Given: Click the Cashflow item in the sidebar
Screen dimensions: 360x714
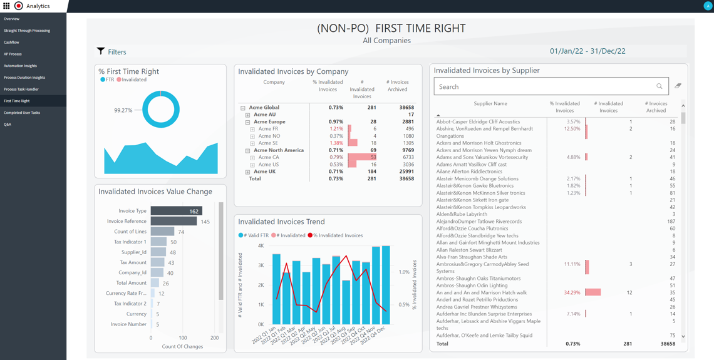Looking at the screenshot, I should click(x=11, y=43).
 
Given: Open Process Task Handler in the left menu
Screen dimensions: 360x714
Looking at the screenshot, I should click(x=21, y=89).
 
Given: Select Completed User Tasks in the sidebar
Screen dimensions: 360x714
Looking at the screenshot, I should click(x=22, y=113).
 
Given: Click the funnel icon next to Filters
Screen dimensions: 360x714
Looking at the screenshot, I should click(x=101, y=51).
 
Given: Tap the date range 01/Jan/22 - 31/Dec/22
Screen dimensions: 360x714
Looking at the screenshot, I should click(x=587, y=51).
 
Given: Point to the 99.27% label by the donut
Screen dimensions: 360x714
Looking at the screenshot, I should click(x=123, y=110).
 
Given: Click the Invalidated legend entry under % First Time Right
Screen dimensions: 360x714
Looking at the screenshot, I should click(x=133, y=80).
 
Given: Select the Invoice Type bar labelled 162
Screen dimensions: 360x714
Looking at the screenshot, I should click(x=176, y=211).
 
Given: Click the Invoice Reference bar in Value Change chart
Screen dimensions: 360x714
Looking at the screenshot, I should click(x=173, y=221).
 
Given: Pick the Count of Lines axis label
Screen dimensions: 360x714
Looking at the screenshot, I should click(x=131, y=232).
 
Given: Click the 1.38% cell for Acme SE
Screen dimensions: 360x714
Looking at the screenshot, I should click(x=336, y=143).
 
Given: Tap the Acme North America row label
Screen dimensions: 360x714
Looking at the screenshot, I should click(x=279, y=150).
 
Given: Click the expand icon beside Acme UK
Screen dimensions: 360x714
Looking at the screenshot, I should click(x=247, y=172).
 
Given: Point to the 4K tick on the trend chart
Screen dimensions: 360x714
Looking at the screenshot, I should click(x=261, y=246).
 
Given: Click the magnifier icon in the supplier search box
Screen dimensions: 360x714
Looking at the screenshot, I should click(x=659, y=86).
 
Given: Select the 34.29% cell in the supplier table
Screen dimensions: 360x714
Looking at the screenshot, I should click(x=571, y=292).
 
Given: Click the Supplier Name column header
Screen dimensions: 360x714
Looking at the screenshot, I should click(x=490, y=104).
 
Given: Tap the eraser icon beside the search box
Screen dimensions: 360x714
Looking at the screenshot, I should click(x=678, y=86).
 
